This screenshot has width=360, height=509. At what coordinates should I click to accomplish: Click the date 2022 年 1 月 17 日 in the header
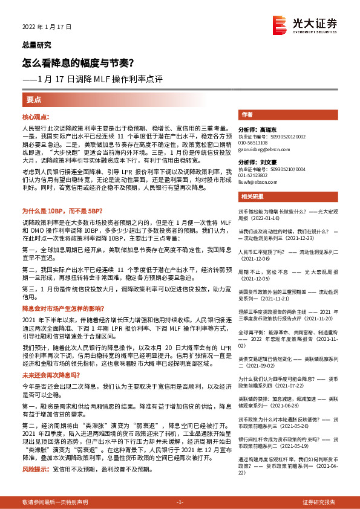[x=47, y=27]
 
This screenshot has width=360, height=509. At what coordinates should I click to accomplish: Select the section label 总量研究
[x=36, y=45]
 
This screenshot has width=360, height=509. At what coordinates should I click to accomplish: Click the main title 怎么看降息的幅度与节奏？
[x=78, y=62]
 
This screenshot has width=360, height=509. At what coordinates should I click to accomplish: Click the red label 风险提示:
[x=35, y=468]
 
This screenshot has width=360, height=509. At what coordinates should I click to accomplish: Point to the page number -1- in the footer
[x=180, y=502]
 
